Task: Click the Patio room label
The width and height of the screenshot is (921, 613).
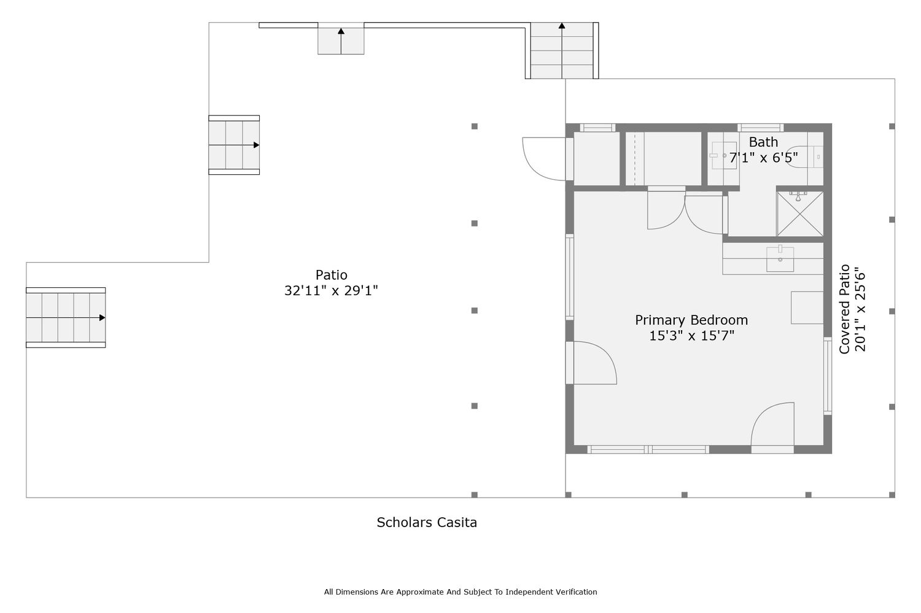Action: click(331, 274)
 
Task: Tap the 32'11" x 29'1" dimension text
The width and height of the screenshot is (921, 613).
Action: click(331, 290)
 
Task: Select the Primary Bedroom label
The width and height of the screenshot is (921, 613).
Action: click(691, 320)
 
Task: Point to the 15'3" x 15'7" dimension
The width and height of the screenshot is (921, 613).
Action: click(691, 336)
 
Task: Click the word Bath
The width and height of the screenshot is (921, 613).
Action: click(763, 142)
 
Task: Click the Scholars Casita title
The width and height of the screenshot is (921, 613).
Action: click(427, 522)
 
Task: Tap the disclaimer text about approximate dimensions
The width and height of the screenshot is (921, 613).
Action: click(460, 592)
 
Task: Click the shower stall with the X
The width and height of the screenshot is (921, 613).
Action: click(799, 214)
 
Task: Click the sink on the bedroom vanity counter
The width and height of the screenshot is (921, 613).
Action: click(780, 259)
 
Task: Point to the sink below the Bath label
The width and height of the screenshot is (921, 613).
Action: click(724, 156)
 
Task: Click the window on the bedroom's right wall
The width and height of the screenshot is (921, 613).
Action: click(828, 376)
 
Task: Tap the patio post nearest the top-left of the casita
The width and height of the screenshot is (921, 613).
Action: click(475, 126)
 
